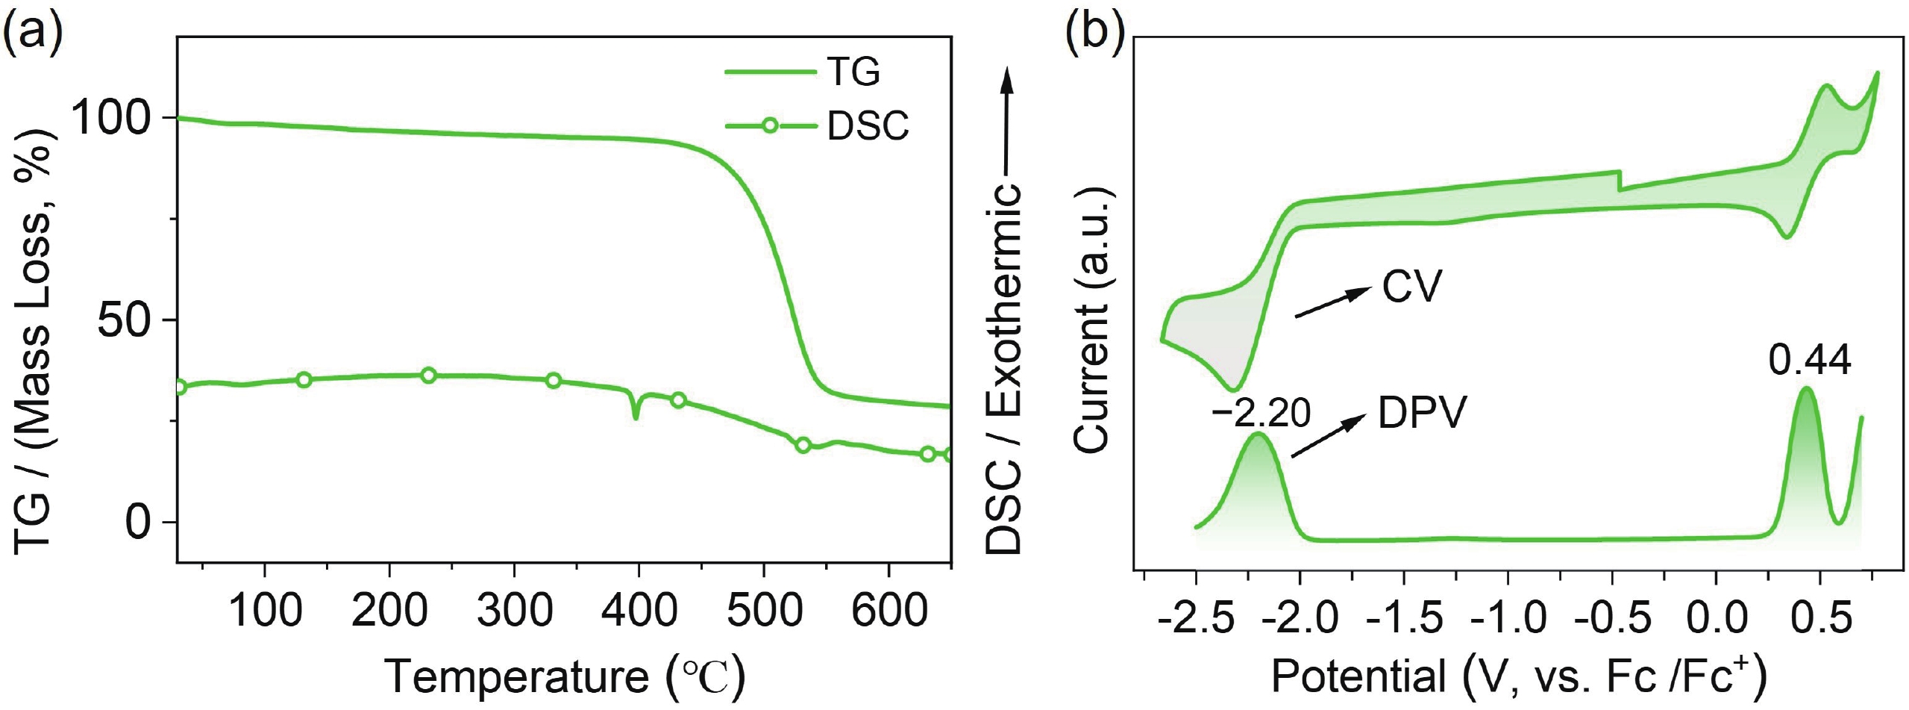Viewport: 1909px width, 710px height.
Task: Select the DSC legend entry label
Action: [868, 127]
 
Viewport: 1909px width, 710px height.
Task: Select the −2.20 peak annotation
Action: [1261, 413]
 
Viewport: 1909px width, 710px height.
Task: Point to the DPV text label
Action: [1422, 413]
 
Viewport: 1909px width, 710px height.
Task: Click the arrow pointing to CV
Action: [1332, 303]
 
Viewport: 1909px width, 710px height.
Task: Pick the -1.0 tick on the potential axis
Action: [1508, 617]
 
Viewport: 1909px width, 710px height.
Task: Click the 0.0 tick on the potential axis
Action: [1716, 617]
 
